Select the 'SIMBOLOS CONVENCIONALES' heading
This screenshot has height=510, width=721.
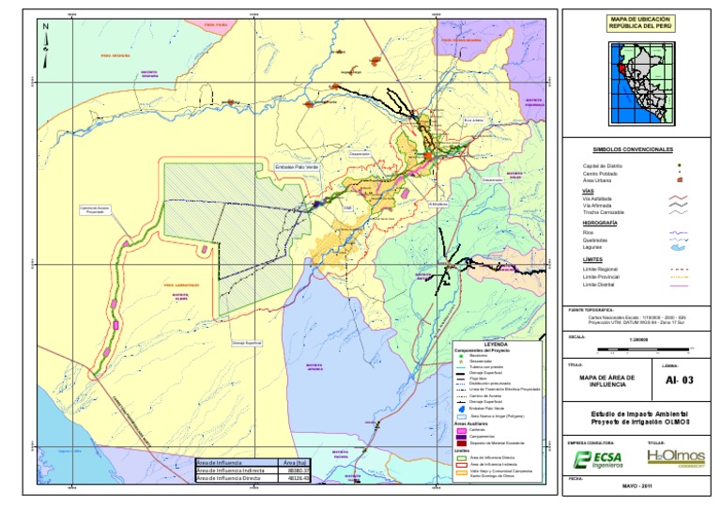point(633,149)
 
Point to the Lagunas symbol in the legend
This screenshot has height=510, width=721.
point(677,247)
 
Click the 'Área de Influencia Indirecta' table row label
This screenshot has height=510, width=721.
point(234,470)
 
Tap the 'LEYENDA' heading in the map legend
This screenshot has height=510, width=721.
point(496,344)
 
